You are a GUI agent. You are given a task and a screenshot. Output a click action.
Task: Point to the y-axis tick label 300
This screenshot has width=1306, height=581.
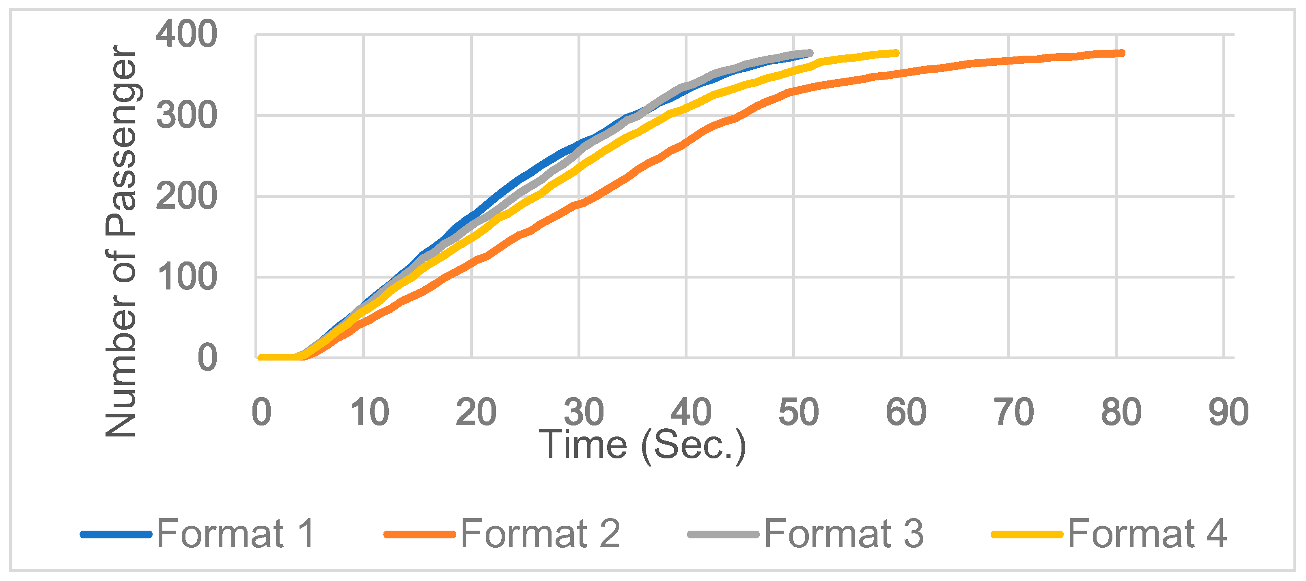(x=186, y=116)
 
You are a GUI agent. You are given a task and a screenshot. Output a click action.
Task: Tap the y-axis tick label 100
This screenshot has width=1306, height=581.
(x=186, y=277)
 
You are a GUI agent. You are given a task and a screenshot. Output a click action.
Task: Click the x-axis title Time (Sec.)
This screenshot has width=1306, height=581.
(x=642, y=445)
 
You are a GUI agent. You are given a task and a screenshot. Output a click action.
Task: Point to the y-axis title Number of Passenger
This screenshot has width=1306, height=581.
(x=122, y=241)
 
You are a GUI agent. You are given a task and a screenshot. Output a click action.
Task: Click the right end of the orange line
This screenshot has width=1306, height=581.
(x=1123, y=53)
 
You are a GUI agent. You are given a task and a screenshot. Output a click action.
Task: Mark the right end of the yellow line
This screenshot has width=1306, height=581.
(x=897, y=53)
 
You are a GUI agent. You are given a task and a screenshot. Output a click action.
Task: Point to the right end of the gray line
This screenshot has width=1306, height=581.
(x=811, y=53)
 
